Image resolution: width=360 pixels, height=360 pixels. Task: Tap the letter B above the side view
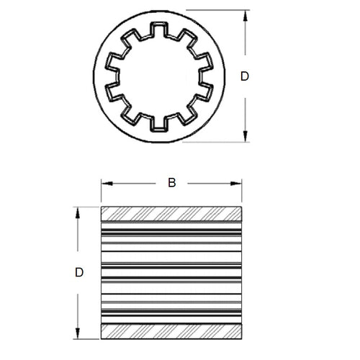[x=171, y=183]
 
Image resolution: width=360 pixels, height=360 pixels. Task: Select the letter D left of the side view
[x=80, y=272]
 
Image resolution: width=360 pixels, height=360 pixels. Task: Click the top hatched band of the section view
[x=171, y=215]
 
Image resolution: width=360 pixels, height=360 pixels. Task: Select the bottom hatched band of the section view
[x=171, y=330]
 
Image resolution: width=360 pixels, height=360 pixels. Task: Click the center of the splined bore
[x=155, y=78]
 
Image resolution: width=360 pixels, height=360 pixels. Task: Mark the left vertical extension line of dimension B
[x=101, y=191]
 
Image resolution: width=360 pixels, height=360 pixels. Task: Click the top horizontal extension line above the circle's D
[x=216, y=9]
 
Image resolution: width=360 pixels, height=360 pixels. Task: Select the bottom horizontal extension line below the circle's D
[x=216, y=142]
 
